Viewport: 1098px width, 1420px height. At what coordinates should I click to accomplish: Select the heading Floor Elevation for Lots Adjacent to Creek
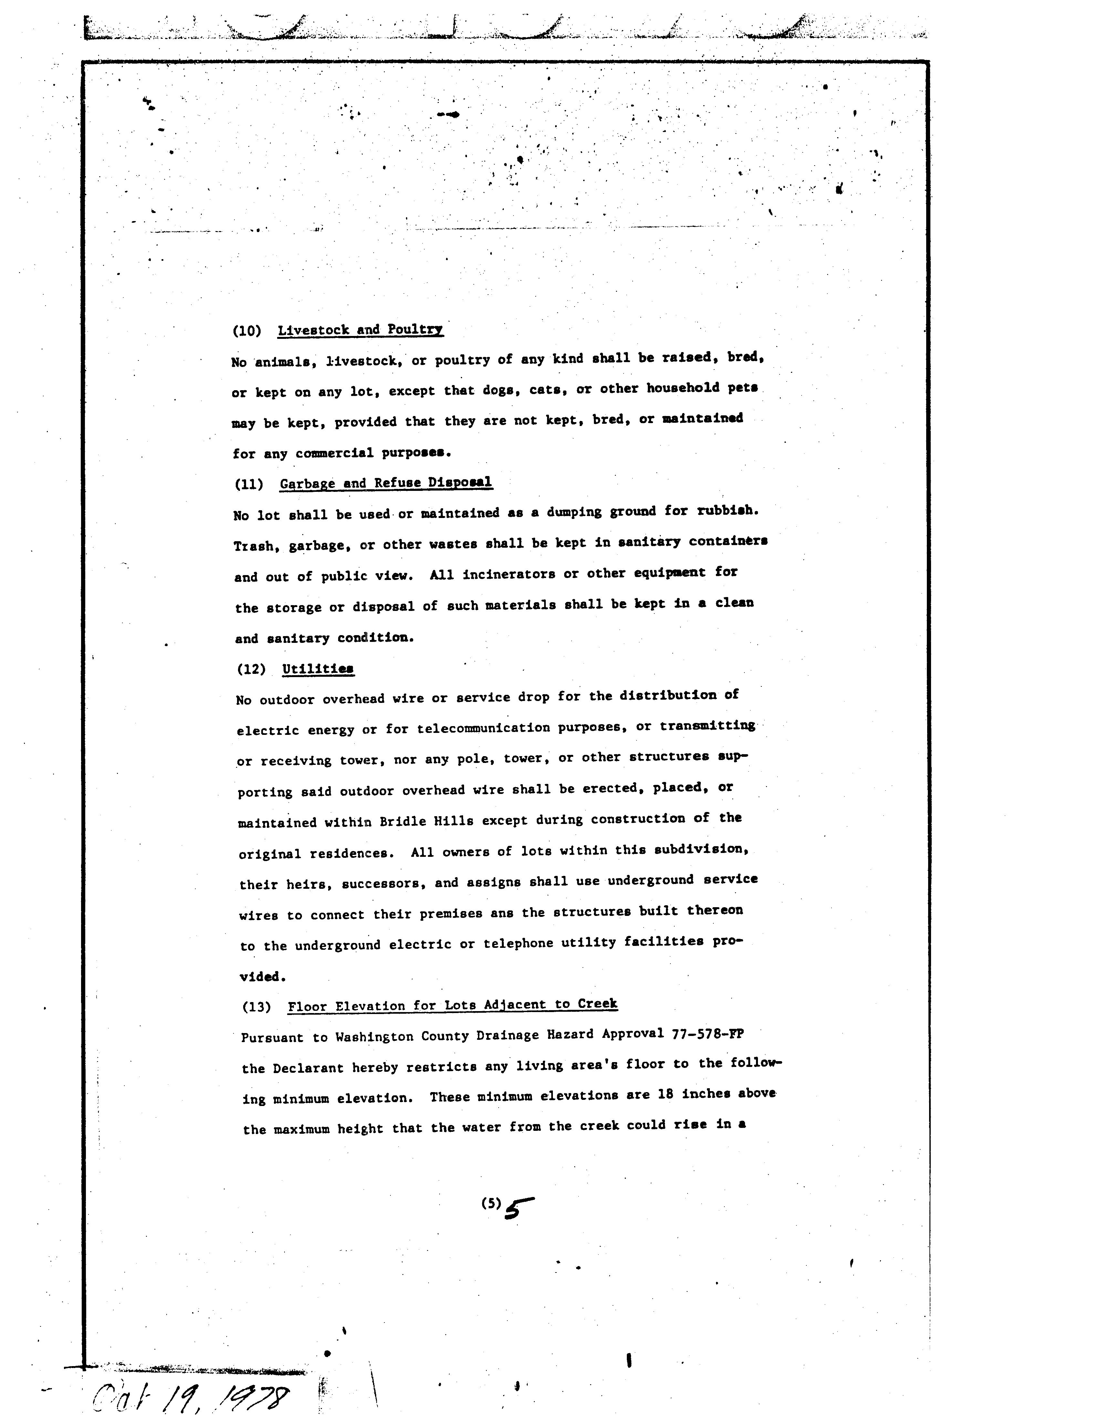click(453, 1005)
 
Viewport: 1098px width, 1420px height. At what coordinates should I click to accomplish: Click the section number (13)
click(256, 1007)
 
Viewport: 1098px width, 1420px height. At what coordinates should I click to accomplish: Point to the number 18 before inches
click(665, 1094)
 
